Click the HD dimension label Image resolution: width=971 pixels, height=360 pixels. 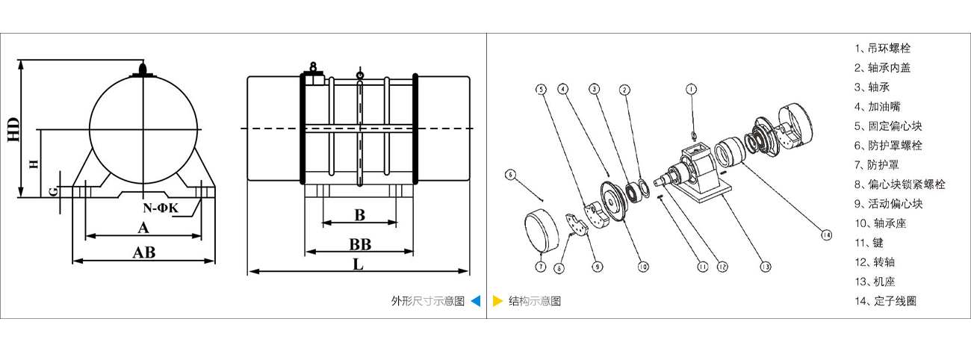[x=13, y=129]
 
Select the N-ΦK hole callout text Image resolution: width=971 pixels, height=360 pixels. [x=161, y=207]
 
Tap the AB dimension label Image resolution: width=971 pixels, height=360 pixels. [x=143, y=252]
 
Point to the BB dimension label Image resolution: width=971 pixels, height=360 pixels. [x=360, y=244]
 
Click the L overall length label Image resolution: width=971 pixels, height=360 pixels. [x=358, y=264]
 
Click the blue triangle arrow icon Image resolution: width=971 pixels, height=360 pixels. [x=476, y=301]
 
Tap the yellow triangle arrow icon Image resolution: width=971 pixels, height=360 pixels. [x=497, y=301]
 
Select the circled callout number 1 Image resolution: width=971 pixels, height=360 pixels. [x=692, y=89]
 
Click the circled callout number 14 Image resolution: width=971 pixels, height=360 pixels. [x=825, y=235]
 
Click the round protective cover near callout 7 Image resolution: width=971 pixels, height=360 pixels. [x=542, y=230]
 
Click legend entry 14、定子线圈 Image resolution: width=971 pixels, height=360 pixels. [x=886, y=301]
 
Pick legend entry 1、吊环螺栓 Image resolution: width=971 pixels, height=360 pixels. [x=883, y=49]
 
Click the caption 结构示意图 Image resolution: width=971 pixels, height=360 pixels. [x=535, y=301]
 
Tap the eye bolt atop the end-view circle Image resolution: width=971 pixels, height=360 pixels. [x=143, y=72]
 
